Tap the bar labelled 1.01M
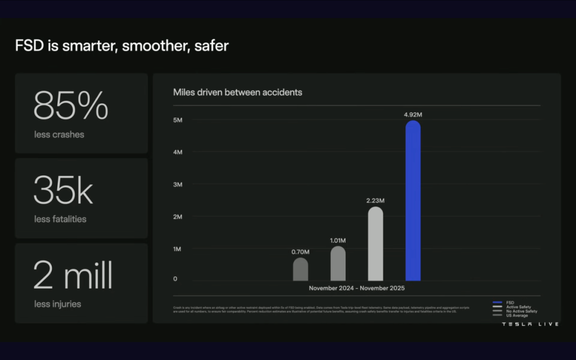[x=338, y=263]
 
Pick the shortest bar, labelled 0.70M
[x=300, y=269]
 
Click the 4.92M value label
[x=413, y=115]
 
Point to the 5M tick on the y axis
[x=178, y=120]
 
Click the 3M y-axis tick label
[x=178, y=185]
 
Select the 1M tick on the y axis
[x=178, y=249]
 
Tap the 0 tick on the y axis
[x=175, y=279]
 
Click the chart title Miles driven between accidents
[x=237, y=92]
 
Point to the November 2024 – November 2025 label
[x=356, y=289]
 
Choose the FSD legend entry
[x=510, y=302]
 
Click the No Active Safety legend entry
[x=522, y=311]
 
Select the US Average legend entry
[x=517, y=315]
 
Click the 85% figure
[x=71, y=106]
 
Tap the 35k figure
[x=63, y=190]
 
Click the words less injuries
[x=58, y=304]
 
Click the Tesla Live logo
[x=530, y=324]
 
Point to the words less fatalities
[x=60, y=219]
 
